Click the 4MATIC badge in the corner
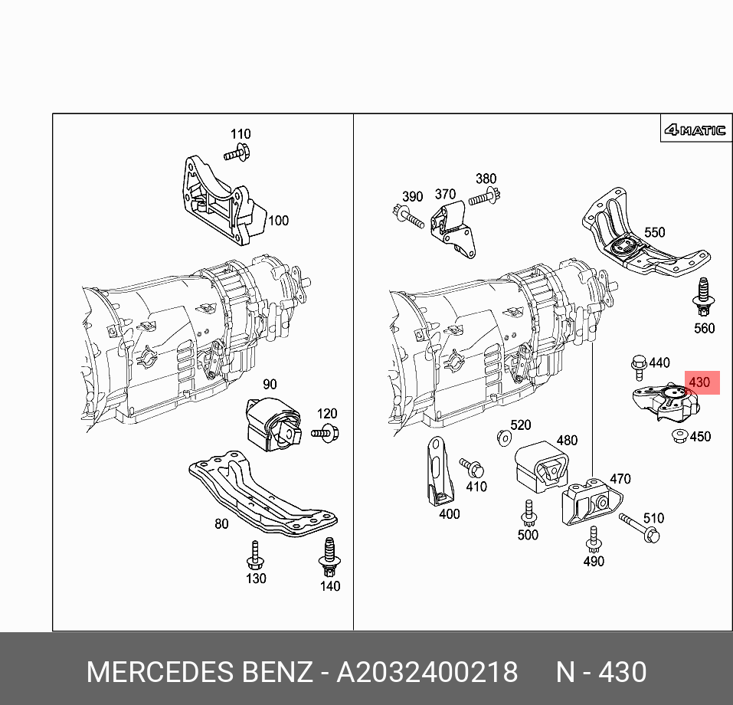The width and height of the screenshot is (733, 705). (x=694, y=130)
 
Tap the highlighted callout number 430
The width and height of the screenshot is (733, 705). (x=699, y=382)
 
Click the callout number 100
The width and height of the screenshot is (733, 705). (x=278, y=221)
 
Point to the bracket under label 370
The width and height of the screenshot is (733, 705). (x=453, y=228)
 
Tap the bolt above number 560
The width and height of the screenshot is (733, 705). (x=701, y=299)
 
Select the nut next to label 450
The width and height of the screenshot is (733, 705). (x=677, y=437)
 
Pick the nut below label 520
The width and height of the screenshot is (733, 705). (x=503, y=439)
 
